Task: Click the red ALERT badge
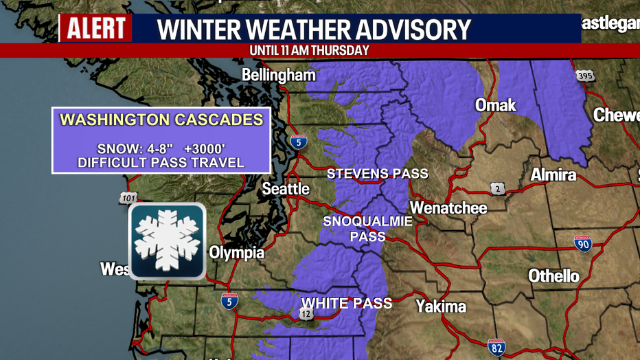96,28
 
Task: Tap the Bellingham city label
279,75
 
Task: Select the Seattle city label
286,188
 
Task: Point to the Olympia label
236,253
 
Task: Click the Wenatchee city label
448,207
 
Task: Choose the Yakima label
441,306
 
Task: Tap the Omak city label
496,105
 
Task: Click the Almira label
553,175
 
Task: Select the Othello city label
553,276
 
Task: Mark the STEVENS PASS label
378,174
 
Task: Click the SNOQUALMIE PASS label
368,228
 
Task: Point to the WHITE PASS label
347,303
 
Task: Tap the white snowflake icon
167,240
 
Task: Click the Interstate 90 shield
583,243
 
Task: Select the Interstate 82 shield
496,347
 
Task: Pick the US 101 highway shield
128,199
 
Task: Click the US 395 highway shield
584,75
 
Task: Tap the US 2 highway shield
499,188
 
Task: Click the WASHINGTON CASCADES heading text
161,120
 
